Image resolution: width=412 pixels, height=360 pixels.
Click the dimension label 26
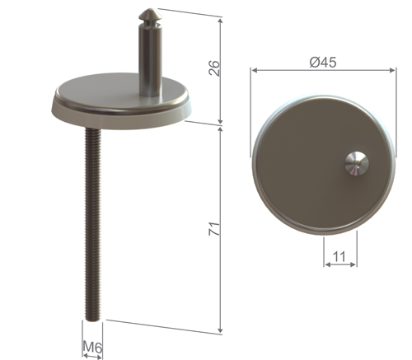coord(215,68)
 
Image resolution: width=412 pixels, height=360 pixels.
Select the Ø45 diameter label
coord(321,62)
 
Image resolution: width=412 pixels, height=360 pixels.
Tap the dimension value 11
coord(339,256)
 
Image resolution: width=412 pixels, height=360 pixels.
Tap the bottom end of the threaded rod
coord(93,318)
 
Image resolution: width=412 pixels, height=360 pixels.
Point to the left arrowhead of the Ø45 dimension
coord(254,71)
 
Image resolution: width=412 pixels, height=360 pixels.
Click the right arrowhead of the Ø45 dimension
coord(390,71)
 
